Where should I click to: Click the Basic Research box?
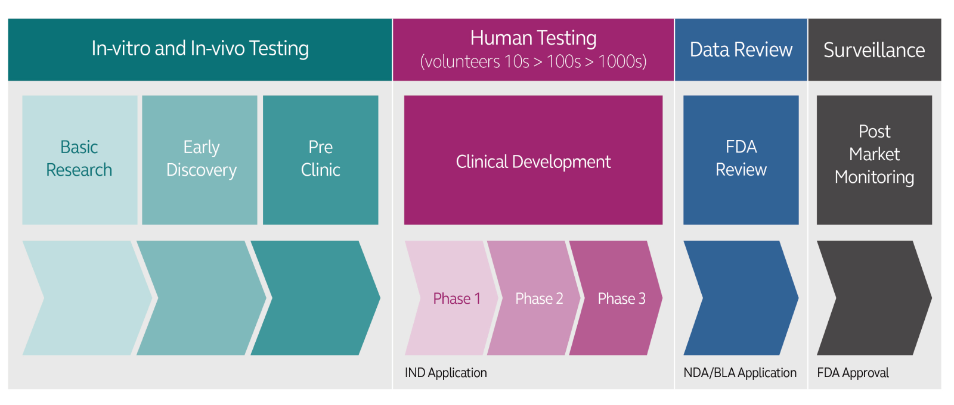click(79, 160)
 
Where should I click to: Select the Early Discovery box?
click(200, 160)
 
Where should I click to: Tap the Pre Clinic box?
click(320, 160)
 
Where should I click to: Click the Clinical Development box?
click(533, 161)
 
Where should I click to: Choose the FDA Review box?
click(741, 160)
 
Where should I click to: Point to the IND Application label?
click(446, 373)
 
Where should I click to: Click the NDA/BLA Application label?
click(739, 373)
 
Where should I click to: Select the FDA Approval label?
click(853, 373)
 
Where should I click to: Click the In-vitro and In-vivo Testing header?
click(200, 49)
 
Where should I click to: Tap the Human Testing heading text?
click(533, 38)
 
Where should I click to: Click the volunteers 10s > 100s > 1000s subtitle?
click(533, 62)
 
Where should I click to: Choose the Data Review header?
click(741, 50)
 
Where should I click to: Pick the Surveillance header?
click(874, 50)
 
